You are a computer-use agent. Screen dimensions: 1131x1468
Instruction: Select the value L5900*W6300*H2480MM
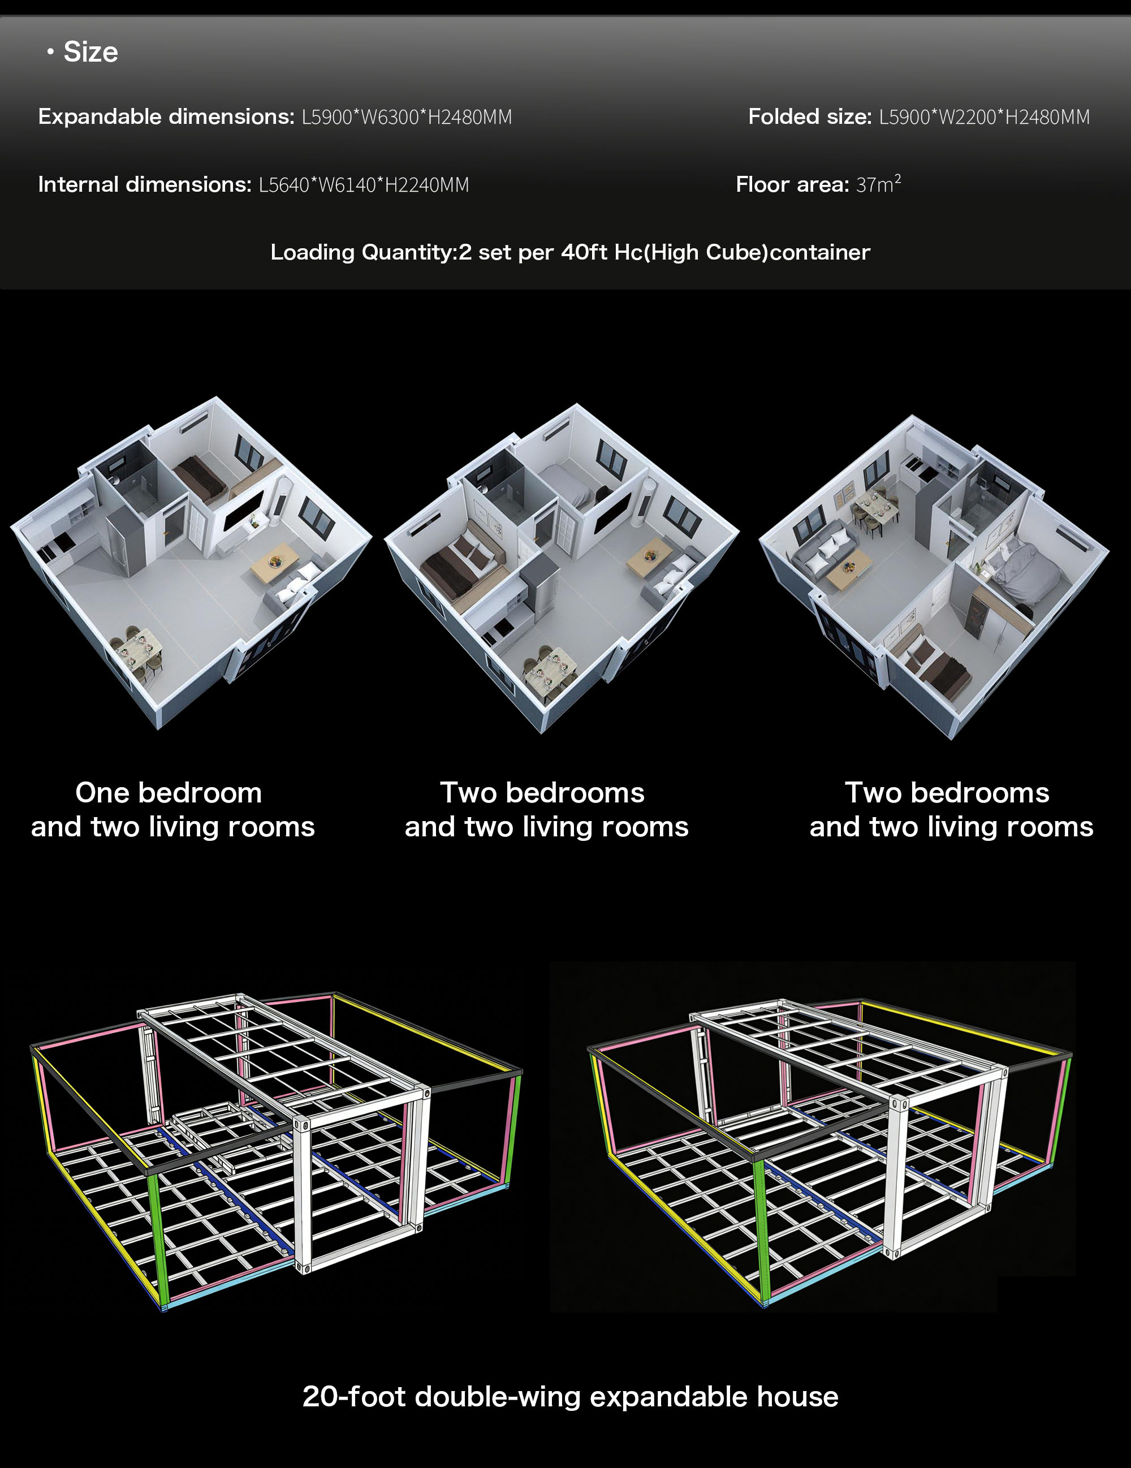[407, 117]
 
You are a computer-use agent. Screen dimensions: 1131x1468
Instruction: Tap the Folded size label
[810, 116]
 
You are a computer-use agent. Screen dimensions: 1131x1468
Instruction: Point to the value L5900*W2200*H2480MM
[985, 117]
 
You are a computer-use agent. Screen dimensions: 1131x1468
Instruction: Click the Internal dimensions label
[144, 184]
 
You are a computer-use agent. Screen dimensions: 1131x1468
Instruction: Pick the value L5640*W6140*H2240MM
[364, 185]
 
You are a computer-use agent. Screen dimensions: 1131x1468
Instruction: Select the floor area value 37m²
[878, 183]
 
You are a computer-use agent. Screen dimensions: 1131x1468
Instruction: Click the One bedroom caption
[169, 792]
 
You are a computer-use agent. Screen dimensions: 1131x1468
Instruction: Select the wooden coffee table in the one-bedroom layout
[275, 563]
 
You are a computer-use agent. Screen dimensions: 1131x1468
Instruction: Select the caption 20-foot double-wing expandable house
[571, 1397]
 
